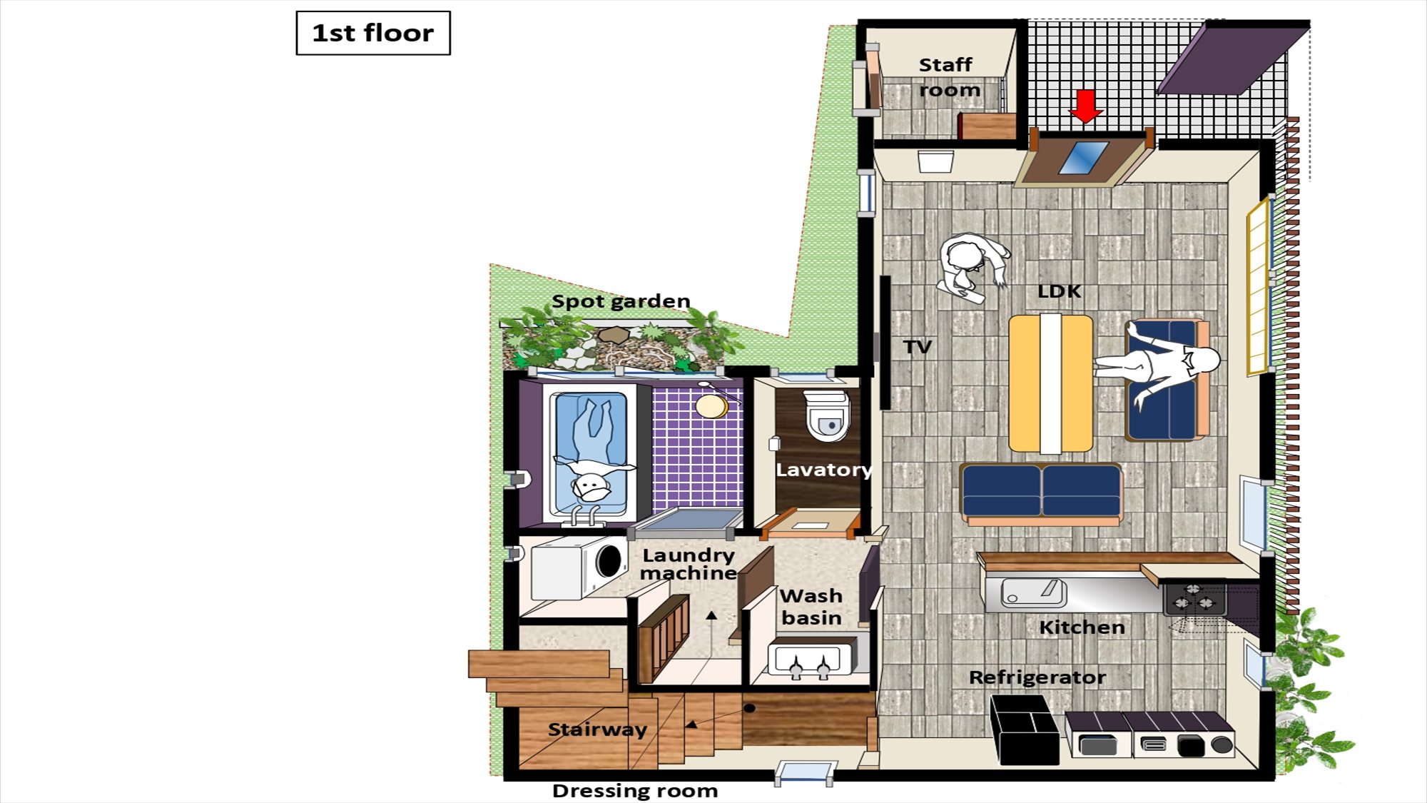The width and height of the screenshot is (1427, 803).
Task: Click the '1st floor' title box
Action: tap(373, 33)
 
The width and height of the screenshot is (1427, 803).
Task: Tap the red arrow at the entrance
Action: tap(1086, 106)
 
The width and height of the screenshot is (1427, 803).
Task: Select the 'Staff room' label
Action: tap(948, 77)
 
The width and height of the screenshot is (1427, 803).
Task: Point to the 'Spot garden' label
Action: tap(621, 301)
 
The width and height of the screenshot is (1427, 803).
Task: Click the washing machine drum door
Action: tap(609, 560)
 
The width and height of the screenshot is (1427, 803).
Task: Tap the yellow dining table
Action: tap(1050, 384)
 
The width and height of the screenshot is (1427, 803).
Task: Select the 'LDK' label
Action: tap(1060, 291)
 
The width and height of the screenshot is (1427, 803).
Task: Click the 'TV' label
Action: tap(918, 347)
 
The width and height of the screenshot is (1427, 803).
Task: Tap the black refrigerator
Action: tap(1024, 729)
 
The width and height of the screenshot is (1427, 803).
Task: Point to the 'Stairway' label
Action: tap(597, 729)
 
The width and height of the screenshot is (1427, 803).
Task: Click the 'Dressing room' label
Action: tap(635, 791)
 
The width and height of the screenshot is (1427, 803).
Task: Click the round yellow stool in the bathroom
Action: tap(711, 406)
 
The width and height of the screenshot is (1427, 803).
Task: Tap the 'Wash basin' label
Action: tap(811, 607)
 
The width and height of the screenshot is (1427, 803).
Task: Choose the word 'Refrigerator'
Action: tap(1037, 677)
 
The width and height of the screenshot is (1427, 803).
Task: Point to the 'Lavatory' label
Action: tap(823, 470)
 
